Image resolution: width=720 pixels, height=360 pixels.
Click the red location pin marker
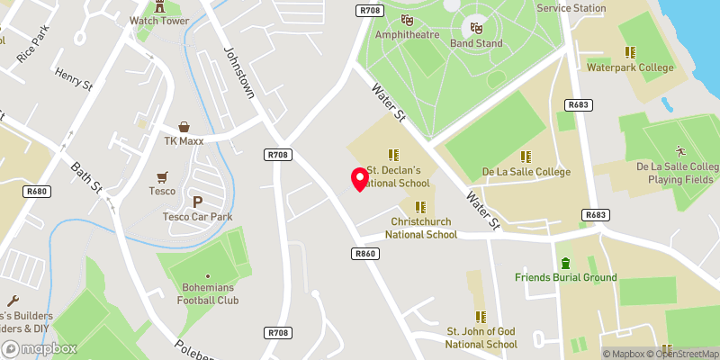click(360, 178)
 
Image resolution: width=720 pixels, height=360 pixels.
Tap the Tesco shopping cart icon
click(162, 176)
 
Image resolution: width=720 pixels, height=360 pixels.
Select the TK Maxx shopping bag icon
click(184, 127)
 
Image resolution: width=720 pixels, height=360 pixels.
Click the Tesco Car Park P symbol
click(197, 202)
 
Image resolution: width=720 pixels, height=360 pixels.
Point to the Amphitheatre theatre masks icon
click(407, 17)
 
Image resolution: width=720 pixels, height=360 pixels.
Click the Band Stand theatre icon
click(476, 28)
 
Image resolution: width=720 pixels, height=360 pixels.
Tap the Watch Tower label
click(160, 20)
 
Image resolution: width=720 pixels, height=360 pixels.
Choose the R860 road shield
click(364, 254)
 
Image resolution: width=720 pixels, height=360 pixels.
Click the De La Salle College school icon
click(524, 156)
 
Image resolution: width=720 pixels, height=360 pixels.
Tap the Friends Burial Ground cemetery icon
click(565, 263)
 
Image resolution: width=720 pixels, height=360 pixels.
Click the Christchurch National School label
click(420, 228)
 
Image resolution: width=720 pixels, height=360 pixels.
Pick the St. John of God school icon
click(481, 316)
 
